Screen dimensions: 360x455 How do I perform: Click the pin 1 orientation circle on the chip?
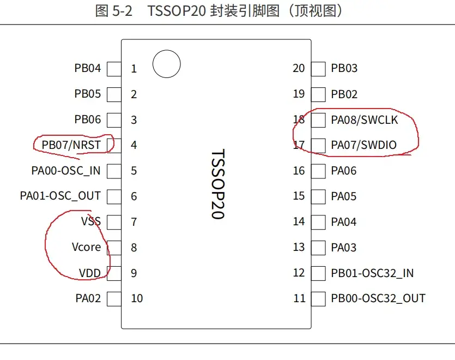[x=166, y=65]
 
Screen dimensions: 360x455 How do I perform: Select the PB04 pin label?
[x=88, y=69]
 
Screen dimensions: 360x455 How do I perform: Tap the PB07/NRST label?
[x=71, y=145]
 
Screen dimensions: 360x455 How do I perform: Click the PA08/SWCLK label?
[x=364, y=119]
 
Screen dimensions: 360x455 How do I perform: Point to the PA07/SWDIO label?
[x=363, y=145]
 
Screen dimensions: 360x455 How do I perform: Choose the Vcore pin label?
[x=86, y=247]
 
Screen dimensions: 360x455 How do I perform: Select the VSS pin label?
[x=90, y=221]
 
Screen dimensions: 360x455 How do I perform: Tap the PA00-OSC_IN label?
[x=66, y=171]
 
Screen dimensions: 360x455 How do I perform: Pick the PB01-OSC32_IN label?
[x=372, y=273]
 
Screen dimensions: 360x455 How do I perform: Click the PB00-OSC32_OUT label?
[x=378, y=298]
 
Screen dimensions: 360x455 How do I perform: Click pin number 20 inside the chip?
[x=299, y=68]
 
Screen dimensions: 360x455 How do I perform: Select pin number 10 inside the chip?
[x=137, y=298]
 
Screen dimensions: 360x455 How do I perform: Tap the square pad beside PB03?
[x=318, y=69]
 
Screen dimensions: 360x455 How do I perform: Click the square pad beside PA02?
[x=114, y=298]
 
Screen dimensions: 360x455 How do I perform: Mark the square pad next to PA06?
[x=318, y=171]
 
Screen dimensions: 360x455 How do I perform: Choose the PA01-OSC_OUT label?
[x=60, y=196]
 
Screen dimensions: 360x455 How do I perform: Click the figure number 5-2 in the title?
[x=122, y=11]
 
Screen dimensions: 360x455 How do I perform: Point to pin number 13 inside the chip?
[x=299, y=247]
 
